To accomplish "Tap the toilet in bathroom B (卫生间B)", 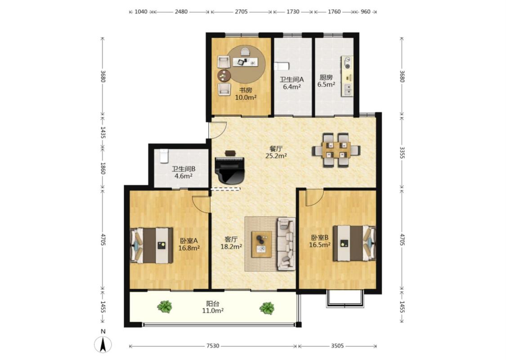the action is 164,156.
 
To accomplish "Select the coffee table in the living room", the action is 261,244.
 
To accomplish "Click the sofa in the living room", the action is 286,243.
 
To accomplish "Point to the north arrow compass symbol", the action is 103,344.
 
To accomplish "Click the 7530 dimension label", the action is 213,346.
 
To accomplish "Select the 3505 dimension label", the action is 337,346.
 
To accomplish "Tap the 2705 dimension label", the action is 241,12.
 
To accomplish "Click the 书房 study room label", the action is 246,90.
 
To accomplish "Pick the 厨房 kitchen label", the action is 326,77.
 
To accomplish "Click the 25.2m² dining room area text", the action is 276,156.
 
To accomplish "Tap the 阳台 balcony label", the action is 213,303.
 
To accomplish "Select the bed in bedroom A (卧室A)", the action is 151,245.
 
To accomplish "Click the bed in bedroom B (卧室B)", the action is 354,243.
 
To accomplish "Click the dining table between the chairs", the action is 336,150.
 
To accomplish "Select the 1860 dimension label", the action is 103,168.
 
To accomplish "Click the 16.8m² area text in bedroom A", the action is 189,248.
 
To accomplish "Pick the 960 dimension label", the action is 365,12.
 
